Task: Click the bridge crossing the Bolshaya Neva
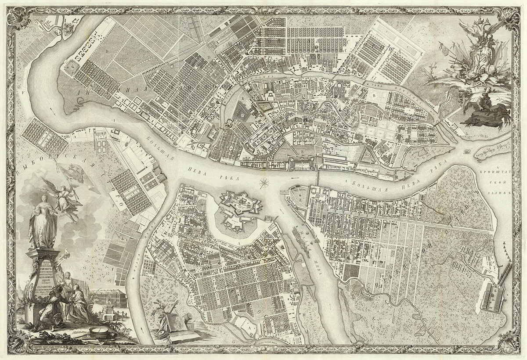coord(318,177)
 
